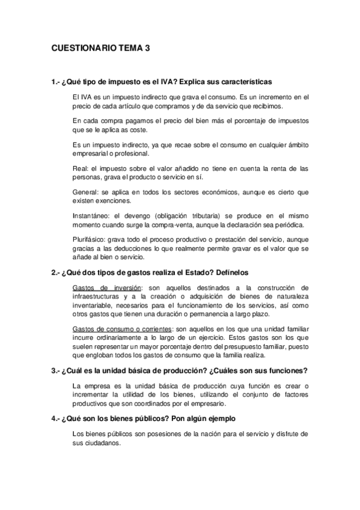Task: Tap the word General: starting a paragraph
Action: [x=86, y=192]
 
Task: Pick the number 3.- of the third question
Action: [x=55, y=370]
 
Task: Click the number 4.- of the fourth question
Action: [x=55, y=418]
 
